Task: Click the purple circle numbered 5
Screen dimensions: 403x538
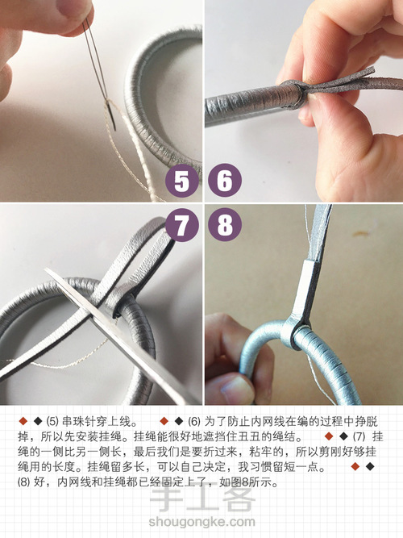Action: [182, 181]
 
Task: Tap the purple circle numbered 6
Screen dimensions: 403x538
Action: [225, 181]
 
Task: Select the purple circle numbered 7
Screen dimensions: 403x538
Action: [182, 225]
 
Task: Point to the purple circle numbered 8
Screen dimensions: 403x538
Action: [225, 225]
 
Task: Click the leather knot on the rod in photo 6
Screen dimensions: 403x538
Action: [294, 94]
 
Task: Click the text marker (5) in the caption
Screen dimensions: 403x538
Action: [52, 421]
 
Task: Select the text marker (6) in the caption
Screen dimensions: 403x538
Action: [194, 421]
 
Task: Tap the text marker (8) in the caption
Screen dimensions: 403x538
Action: [24, 482]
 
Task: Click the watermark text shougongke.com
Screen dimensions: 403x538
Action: [201, 522]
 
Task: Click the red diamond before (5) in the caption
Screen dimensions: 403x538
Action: [23, 421]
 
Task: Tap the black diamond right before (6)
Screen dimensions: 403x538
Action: [178, 421]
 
